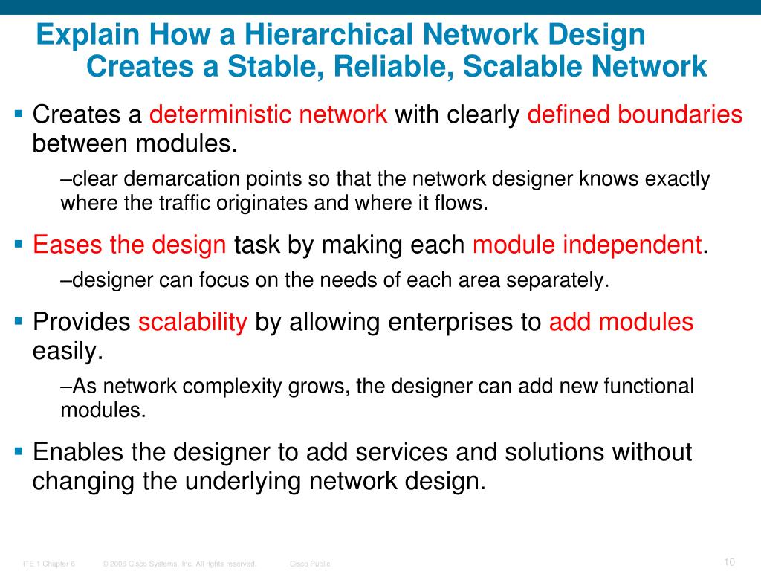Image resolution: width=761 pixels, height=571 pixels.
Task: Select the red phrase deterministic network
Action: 268,114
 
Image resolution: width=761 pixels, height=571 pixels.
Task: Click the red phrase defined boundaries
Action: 635,114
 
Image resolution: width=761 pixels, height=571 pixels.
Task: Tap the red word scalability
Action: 192,322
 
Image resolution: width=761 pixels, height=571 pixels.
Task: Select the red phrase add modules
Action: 621,322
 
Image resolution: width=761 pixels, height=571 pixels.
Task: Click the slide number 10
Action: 728,561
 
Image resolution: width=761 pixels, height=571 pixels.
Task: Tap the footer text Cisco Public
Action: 310,564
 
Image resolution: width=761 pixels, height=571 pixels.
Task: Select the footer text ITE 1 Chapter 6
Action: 50,564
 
